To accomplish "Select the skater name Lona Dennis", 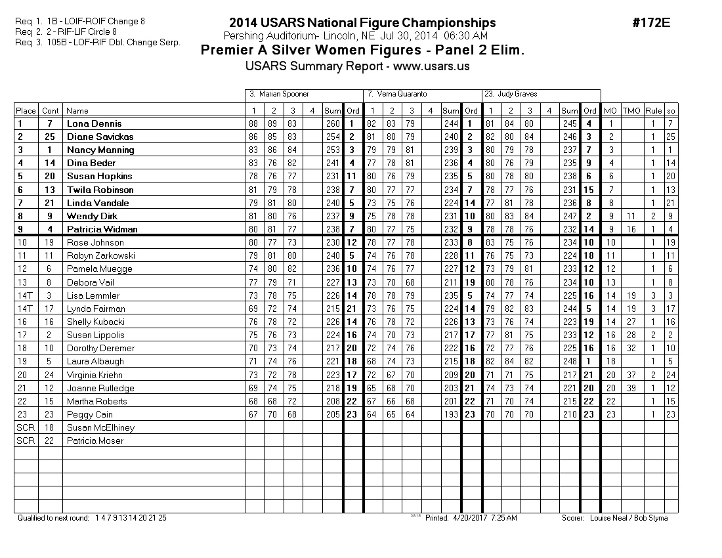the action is coord(94,123).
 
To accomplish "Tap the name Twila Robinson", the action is coord(100,190).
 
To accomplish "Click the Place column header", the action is coord(26,111).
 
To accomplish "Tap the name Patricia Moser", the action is coord(95,440).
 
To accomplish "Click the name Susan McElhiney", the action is coord(100,427).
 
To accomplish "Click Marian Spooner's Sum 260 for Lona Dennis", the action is coord(333,123).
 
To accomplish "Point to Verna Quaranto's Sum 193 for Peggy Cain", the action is coord(451,414).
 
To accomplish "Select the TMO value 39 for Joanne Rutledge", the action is coord(631,388).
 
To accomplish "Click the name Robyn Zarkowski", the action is coord(100,255).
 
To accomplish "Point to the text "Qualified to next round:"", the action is coord(53,518).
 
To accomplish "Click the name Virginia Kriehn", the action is coord(95,375).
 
